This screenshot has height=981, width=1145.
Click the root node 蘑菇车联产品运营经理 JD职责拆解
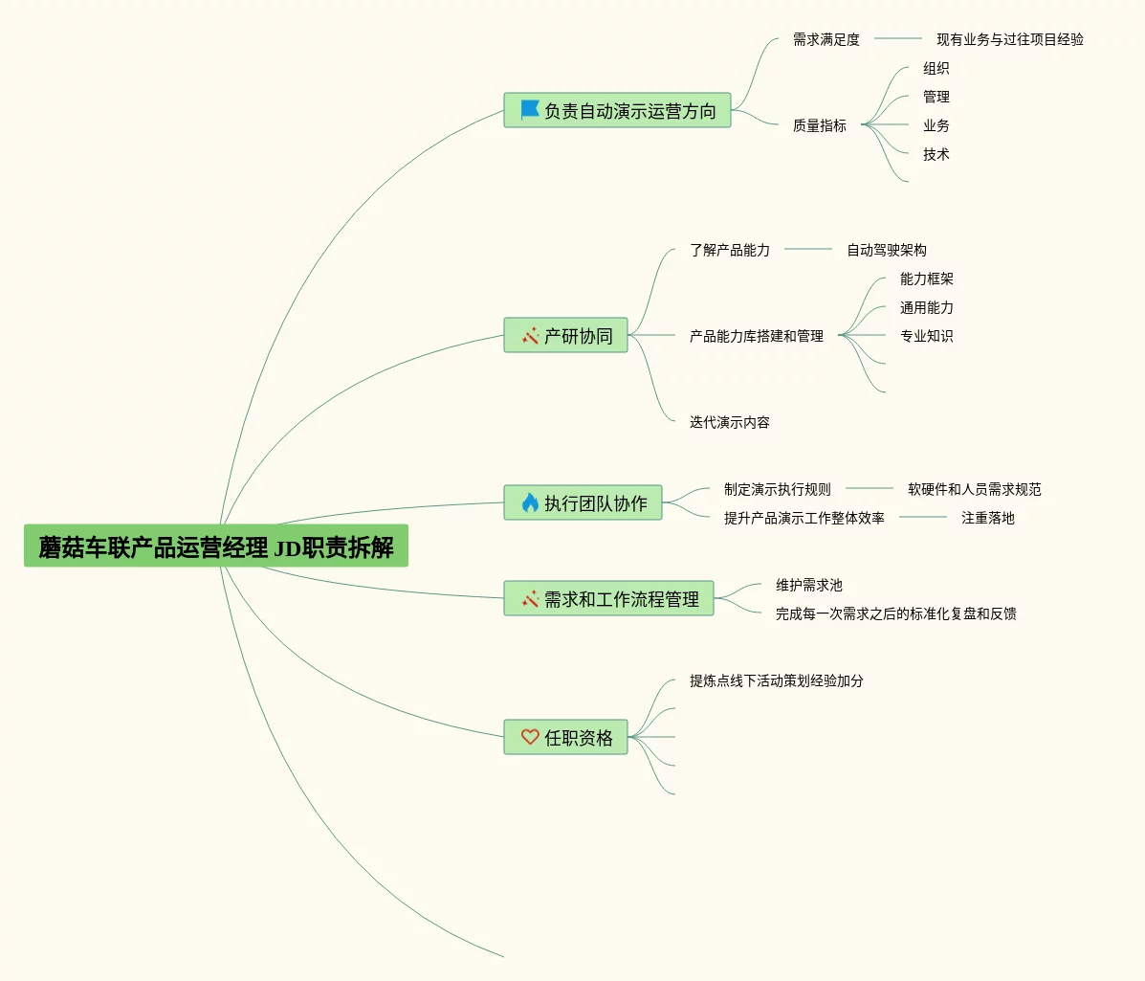coord(216,546)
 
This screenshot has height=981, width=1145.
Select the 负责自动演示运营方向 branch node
coord(617,111)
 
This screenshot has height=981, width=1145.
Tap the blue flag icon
coord(529,110)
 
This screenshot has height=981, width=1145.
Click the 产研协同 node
coord(565,336)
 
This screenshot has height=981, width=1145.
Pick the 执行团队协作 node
coord(583,503)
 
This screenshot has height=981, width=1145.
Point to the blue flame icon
coord(530,502)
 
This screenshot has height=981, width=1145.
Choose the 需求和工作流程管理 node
coord(608,599)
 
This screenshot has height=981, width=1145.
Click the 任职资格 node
coord(565,738)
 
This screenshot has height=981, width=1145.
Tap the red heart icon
coord(530,737)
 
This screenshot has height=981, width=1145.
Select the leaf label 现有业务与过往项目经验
coord(1010,39)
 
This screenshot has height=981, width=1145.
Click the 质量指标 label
coord(820,125)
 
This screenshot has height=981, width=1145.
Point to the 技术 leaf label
coord(936,154)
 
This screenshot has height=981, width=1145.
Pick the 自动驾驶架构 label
coord(887,250)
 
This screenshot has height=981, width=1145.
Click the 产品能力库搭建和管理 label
coord(757,336)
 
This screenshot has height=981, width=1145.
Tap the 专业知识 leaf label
coord(927,336)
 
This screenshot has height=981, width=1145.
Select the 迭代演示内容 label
coord(730,422)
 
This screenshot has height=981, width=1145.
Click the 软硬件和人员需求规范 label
coord(975,489)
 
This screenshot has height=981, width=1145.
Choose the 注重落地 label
coord(988,518)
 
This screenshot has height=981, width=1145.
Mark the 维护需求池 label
coord(809,585)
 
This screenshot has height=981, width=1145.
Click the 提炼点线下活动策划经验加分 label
coord(777,680)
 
